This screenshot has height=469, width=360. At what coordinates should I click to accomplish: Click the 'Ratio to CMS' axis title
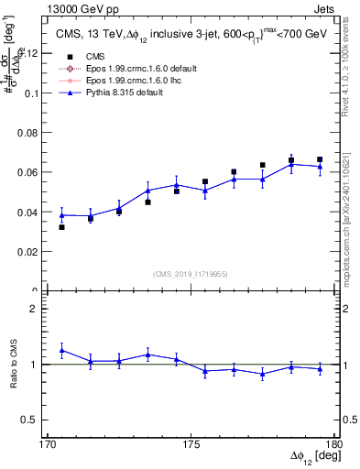coord(14,365)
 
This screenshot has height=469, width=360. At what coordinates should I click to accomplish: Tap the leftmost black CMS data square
coord(61,226)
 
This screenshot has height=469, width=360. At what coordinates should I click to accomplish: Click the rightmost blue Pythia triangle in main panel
coord(320,166)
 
